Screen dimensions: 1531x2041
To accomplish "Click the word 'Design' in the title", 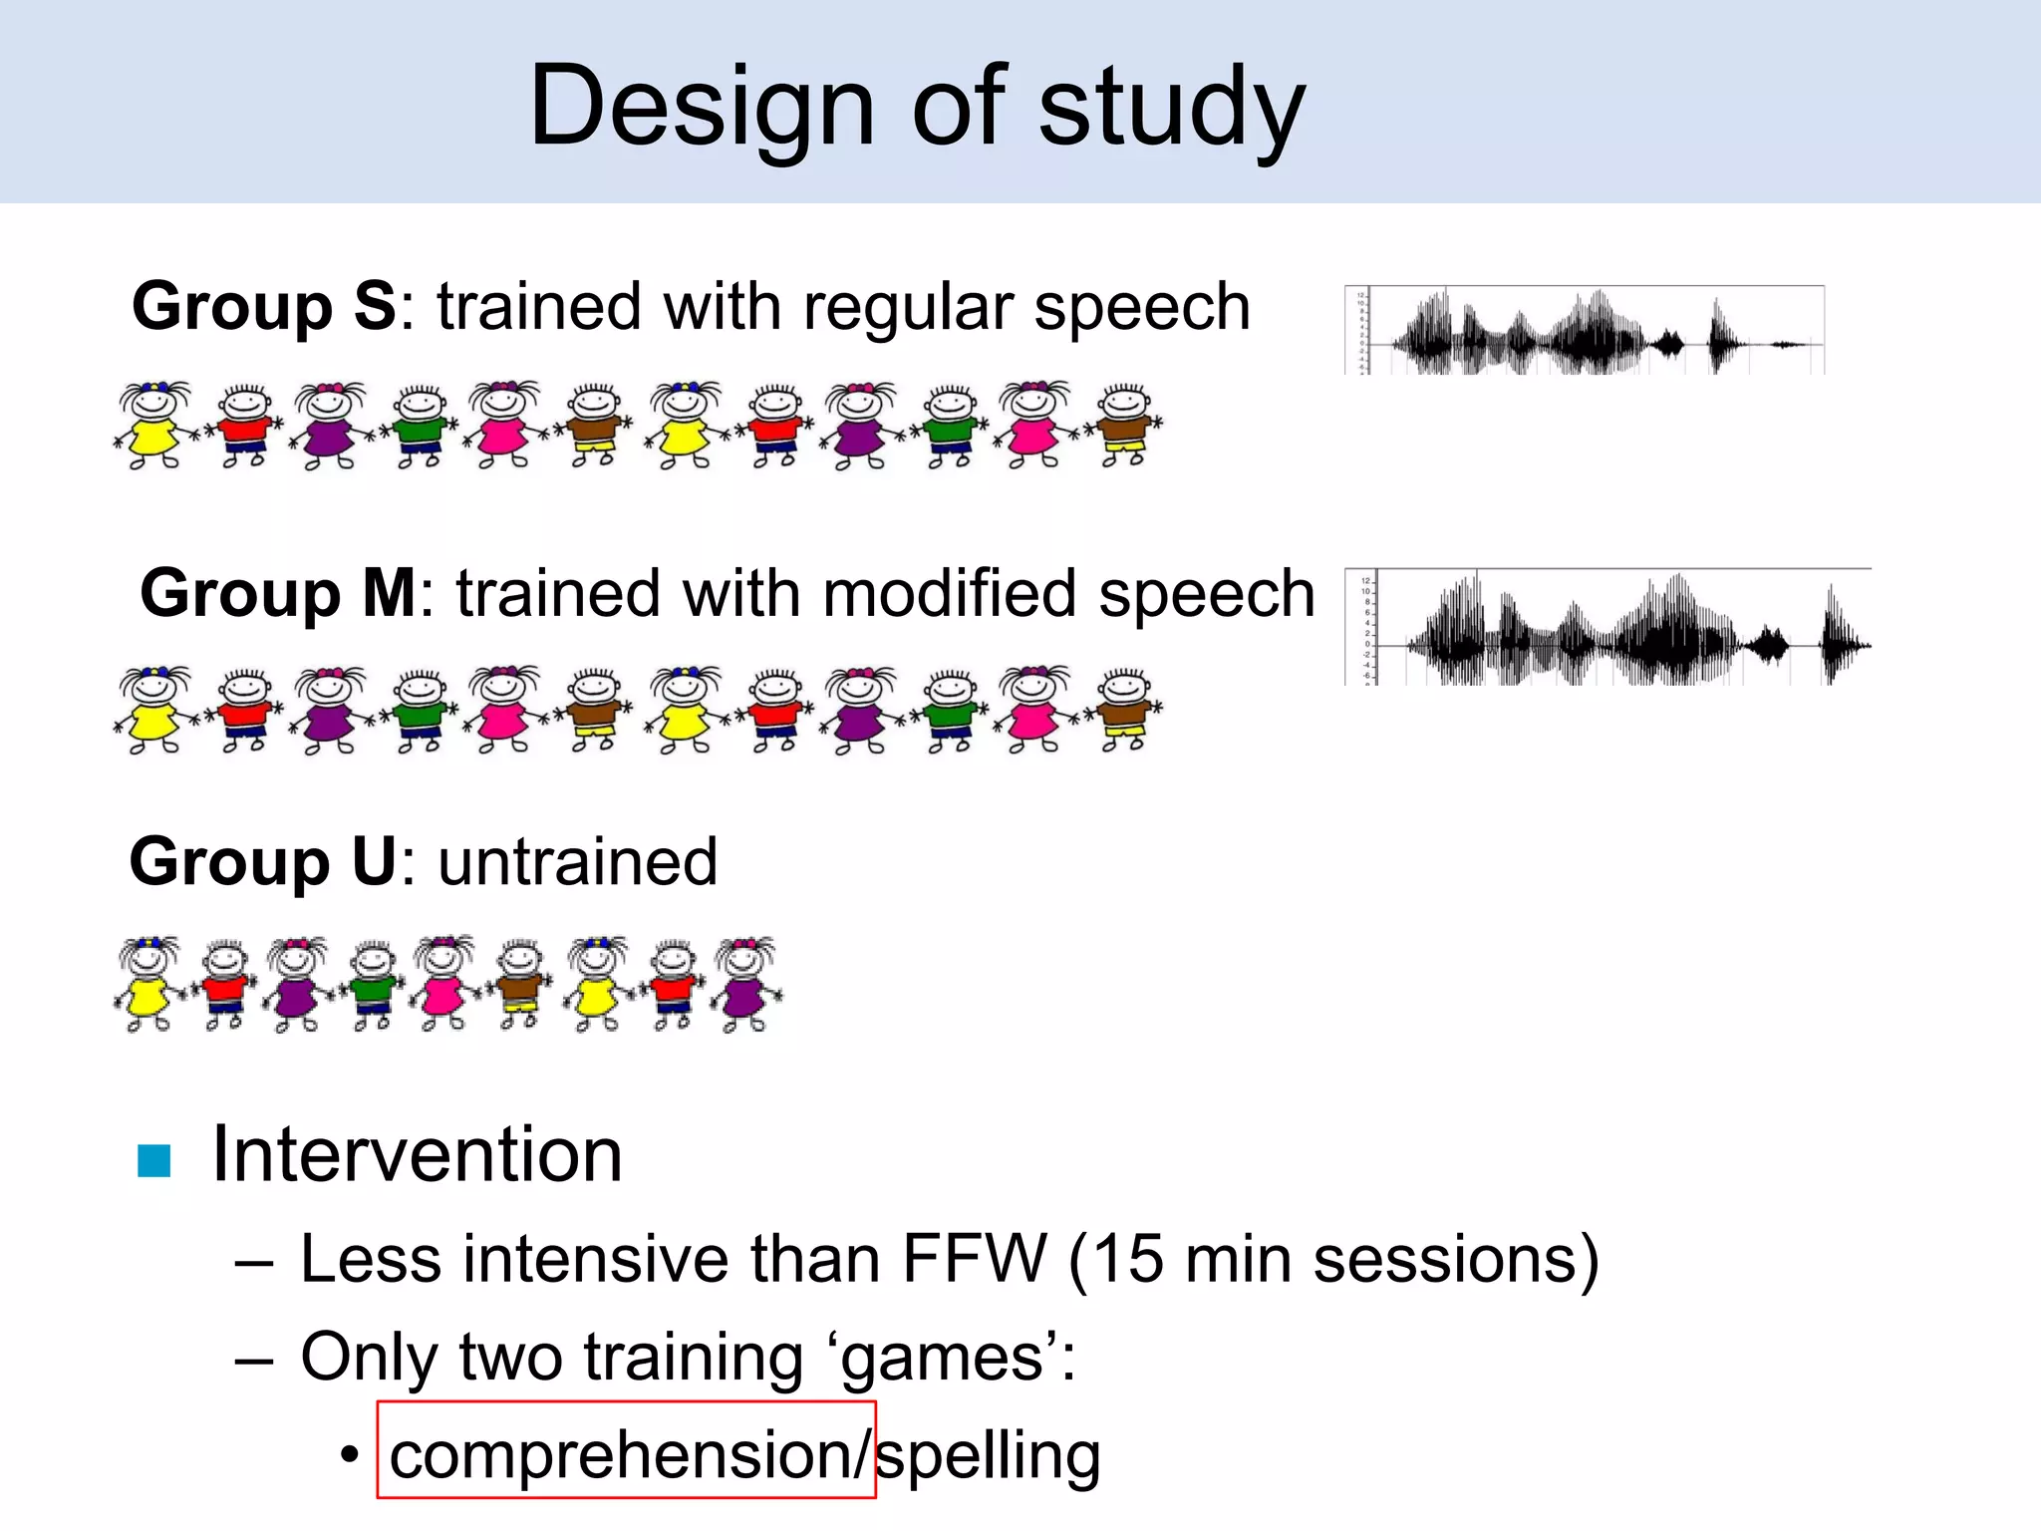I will coord(702,108).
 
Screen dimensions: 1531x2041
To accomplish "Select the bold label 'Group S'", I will coord(264,306).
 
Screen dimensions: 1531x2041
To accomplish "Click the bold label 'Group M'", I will coord(278,593).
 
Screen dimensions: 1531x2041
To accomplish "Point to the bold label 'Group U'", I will coord(263,861).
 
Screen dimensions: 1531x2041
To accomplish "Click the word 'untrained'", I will coord(577,861).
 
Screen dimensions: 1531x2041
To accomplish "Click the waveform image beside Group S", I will coord(1585,331).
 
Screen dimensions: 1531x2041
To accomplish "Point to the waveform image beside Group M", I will coord(1607,628).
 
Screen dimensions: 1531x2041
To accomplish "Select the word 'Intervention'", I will coord(418,1154).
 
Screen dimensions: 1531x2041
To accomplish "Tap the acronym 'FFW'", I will coord(975,1258).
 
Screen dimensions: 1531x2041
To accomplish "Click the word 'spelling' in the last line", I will coord(988,1455).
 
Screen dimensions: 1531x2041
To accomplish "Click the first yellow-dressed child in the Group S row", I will coord(151,426).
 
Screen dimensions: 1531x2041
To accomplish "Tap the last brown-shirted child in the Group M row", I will coord(1125,711).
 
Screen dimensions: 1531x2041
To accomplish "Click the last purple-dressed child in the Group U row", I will coord(746,984).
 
